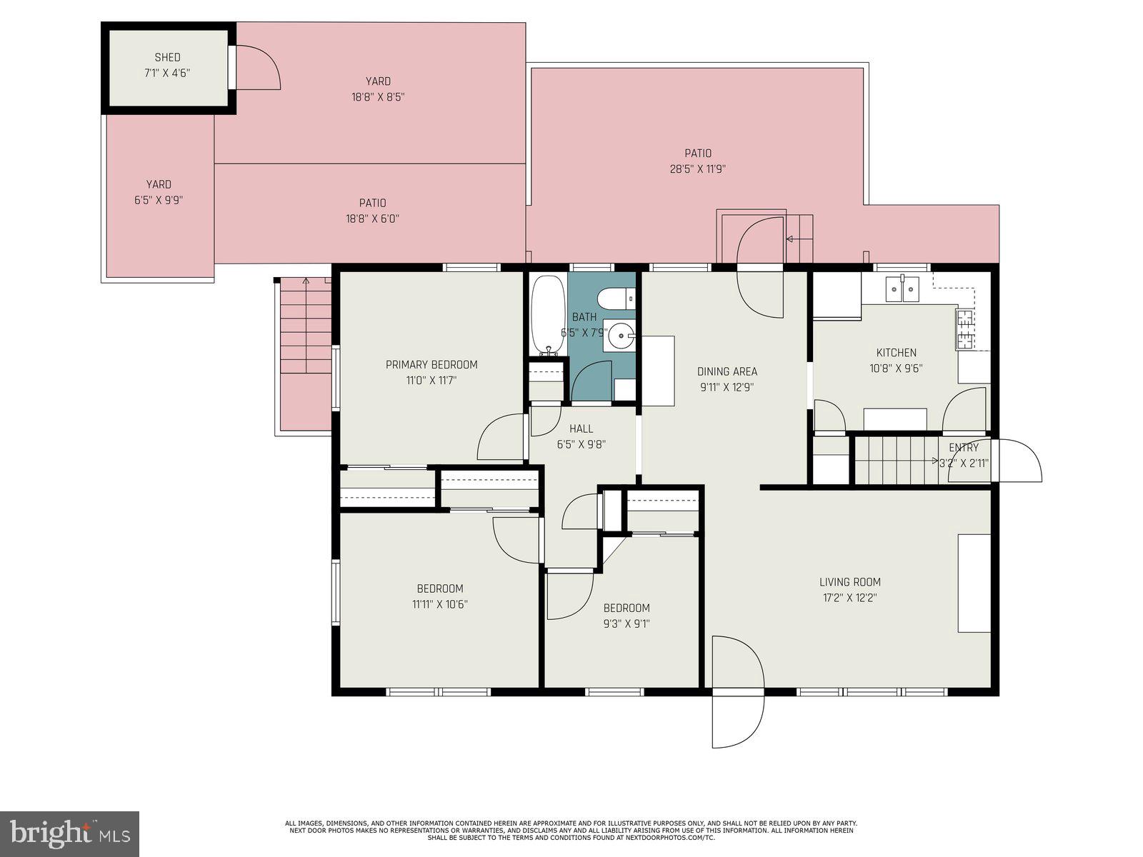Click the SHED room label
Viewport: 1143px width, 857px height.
point(167,57)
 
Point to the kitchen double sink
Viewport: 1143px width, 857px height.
point(902,290)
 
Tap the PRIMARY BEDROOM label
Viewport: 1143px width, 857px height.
point(431,365)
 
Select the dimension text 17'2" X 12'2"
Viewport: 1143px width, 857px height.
point(849,598)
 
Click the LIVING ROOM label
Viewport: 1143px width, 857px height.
point(849,582)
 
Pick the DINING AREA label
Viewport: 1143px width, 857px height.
point(727,371)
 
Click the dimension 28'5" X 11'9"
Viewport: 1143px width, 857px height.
point(697,169)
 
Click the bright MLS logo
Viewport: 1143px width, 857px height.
point(70,834)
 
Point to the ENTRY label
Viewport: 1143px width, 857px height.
point(963,448)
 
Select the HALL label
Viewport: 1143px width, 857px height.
point(581,428)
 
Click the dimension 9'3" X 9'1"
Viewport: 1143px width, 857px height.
point(627,623)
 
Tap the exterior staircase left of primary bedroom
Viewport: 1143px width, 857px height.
point(306,343)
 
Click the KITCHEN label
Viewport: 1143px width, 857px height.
point(896,353)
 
